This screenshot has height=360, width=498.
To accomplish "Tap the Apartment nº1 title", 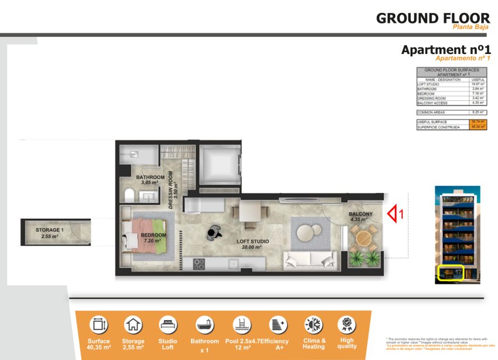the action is tap(445, 50).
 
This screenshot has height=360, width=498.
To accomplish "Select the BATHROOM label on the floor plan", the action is tap(151, 177).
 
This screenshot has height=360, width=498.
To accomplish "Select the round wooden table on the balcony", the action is tap(364, 238).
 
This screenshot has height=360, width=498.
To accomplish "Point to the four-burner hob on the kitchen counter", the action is tap(199, 264).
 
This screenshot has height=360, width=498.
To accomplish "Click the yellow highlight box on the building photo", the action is tap(451, 272).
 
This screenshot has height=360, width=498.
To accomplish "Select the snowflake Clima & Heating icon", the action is tap(313, 324).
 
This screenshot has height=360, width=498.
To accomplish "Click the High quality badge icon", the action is tap(346, 324).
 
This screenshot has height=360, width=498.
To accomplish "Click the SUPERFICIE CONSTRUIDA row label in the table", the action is tap(438, 127).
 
